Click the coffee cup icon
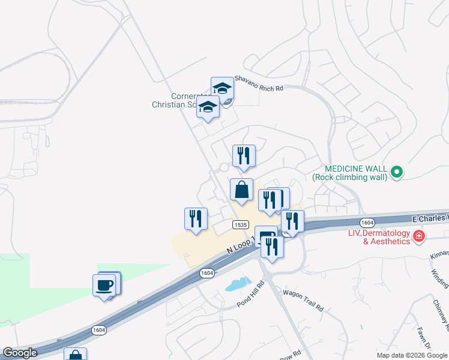[104, 285]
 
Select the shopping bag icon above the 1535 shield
[241, 190]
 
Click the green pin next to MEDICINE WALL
[396, 173]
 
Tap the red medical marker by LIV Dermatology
[419, 237]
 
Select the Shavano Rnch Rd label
[258, 82]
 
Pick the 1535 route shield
[240, 224]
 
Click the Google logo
[19, 353]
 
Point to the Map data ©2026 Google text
[412, 355]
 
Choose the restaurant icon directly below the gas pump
[273, 247]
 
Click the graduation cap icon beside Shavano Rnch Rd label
[222, 88]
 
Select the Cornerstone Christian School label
[180, 100]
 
